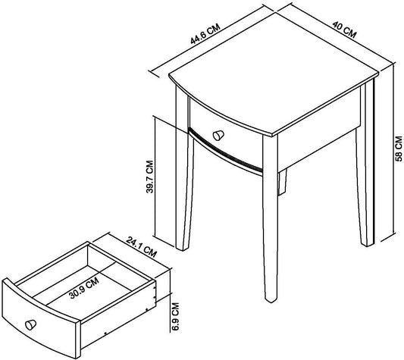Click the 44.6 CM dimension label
point(205,33)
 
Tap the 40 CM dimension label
point(344,30)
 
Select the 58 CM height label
point(399,149)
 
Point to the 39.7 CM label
point(149,177)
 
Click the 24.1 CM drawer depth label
point(141,247)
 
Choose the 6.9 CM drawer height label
point(175,317)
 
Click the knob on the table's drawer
point(218,136)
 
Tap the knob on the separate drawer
point(30,324)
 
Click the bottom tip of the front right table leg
point(271,301)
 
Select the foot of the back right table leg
point(368,244)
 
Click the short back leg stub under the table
point(282,182)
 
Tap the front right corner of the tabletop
point(273,136)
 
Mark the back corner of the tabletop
point(277,12)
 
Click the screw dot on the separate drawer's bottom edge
point(105,333)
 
